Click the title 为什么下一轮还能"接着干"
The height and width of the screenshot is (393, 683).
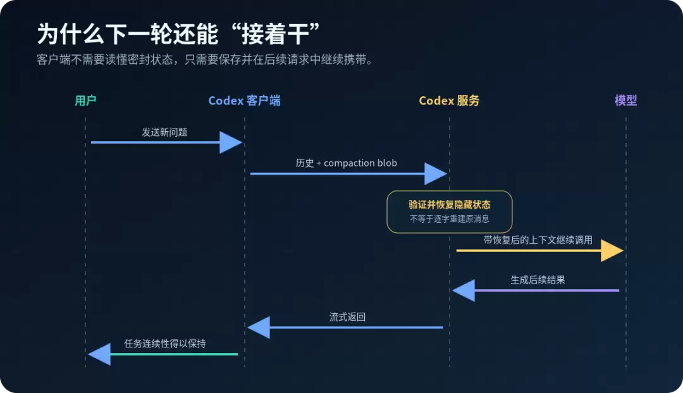(178, 34)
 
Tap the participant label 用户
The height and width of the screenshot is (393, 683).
(85, 101)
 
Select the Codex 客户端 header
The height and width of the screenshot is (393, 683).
(244, 101)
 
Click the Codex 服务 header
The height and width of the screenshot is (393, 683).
(449, 101)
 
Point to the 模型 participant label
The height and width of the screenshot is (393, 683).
(626, 101)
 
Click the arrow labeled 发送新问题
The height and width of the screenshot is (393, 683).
(166, 142)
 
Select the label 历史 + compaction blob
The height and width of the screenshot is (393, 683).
(347, 163)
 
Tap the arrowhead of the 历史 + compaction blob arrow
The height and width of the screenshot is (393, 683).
(436, 173)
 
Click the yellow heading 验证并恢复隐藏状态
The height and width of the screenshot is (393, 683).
(450, 204)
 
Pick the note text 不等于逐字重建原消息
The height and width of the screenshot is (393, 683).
(450, 219)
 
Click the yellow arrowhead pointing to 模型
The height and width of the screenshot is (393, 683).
(612, 251)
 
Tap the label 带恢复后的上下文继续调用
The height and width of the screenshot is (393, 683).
(538, 240)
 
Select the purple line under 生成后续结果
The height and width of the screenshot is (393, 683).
(546, 290)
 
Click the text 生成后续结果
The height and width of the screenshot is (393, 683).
(538, 280)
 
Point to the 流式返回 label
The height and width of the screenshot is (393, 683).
(347, 317)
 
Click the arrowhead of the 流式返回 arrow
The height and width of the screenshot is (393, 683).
(259, 328)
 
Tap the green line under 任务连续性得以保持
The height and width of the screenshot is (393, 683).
(174, 354)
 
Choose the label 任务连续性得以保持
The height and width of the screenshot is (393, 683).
(165, 344)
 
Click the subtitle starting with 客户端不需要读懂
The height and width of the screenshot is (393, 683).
(205, 59)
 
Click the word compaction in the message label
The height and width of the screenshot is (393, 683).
(348, 163)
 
